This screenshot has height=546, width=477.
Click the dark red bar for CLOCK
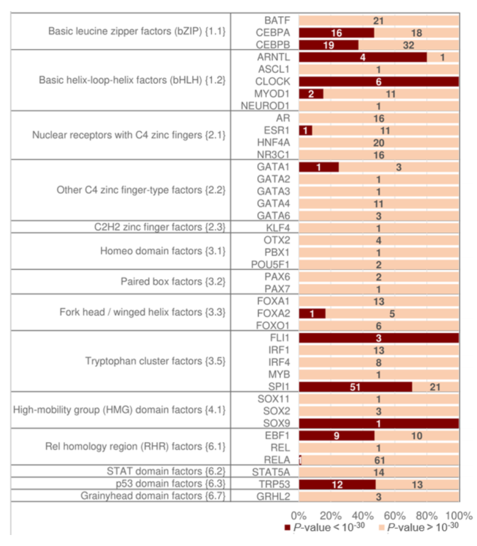pyautogui.click(x=378, y=82)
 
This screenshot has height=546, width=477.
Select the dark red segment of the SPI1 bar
pyautogui.click(x=355, y=387)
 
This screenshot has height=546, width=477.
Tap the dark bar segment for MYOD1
pyautogui.click(x=311, y=94)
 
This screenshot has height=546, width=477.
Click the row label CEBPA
pyautogui.click(x=272, y=33)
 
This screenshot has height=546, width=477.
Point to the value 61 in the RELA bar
pyautogui.click(x=379, y=460)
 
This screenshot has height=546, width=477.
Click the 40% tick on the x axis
pyautogui.click(x=362, y=516)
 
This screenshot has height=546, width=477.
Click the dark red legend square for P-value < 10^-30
pyautogui.click(x=287, y=528)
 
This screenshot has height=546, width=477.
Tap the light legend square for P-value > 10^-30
pyautogui.click(x=382, y=528)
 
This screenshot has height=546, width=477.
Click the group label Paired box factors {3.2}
pyautogui.click(x=173, y=282)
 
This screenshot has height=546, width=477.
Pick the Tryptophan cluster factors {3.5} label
pyautogui.click(x=155, y=361)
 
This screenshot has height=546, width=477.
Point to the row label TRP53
pyautogui.click(x=274, y=484)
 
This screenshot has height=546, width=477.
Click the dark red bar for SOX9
pyautogui.click(x=378, y=424)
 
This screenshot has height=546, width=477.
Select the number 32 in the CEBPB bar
pyautogui.click(x=408, y=45)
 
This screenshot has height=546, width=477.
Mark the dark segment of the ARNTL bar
pyautogui.click(x=362, y=57)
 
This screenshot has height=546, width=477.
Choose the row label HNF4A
pyautogui.click(x=273, y=143)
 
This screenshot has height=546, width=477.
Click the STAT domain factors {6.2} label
pyautogui.click(x=166, y=471)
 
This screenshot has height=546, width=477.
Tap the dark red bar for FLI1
pyautogui.click(x=378, y=338)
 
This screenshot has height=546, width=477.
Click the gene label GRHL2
pyautogui.click(x=273, y=497)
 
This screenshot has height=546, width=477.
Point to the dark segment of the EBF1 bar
pyautogui.click(x=337, y=436)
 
